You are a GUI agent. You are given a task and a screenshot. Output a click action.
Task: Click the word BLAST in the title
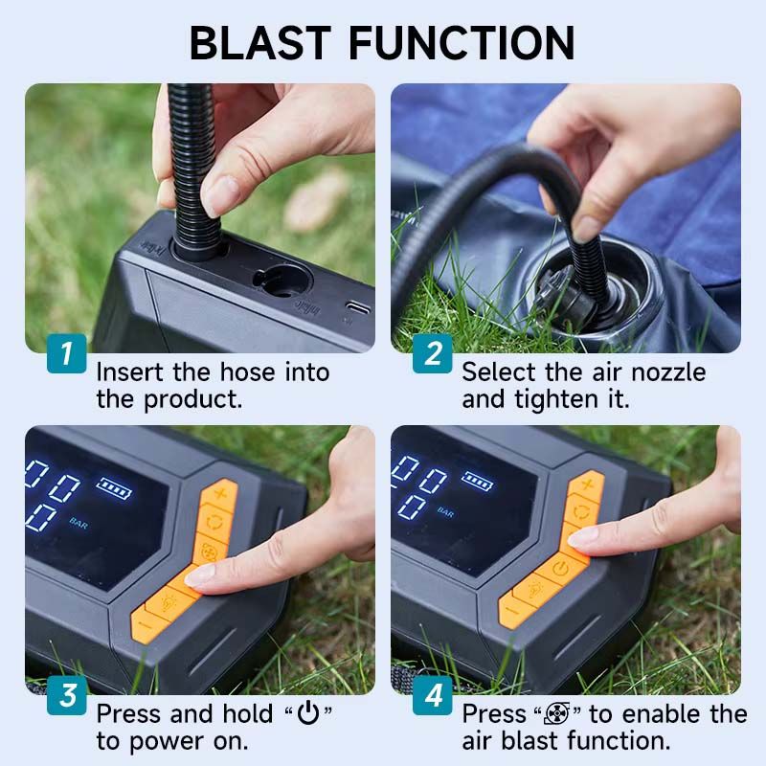pyautogui.click(x=259, y=42)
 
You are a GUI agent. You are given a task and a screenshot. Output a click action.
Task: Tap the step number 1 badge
pyautogui.click(x=66, y=353)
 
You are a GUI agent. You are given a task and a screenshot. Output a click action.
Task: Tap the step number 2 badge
pyautogui.click(x=432, y=353)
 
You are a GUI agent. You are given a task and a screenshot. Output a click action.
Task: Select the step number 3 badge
pyautogui.click(x=66, y=695)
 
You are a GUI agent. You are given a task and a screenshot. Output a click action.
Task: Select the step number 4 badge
pyautogui.click(x=432, y=695)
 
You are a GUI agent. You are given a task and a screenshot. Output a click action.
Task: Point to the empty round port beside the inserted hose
pyautogui.click(x=282, y=281)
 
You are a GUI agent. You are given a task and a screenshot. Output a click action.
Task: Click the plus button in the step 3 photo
pyautogui.click(x=221, y=494)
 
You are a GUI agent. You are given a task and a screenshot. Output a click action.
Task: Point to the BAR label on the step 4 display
pyautogui.click(x=445, y=512)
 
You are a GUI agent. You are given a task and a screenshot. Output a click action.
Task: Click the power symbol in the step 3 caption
pyautogui.click(x=307, y=714)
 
